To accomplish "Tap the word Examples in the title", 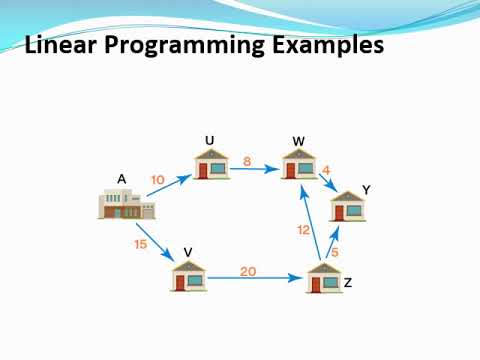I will coord(329,46).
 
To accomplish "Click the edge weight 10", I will coord(158,180).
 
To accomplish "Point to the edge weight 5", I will coord(335,251).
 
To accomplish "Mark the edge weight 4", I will coord(326,170).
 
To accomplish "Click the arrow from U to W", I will coord(255,170).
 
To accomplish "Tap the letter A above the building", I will coord(121,179).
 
